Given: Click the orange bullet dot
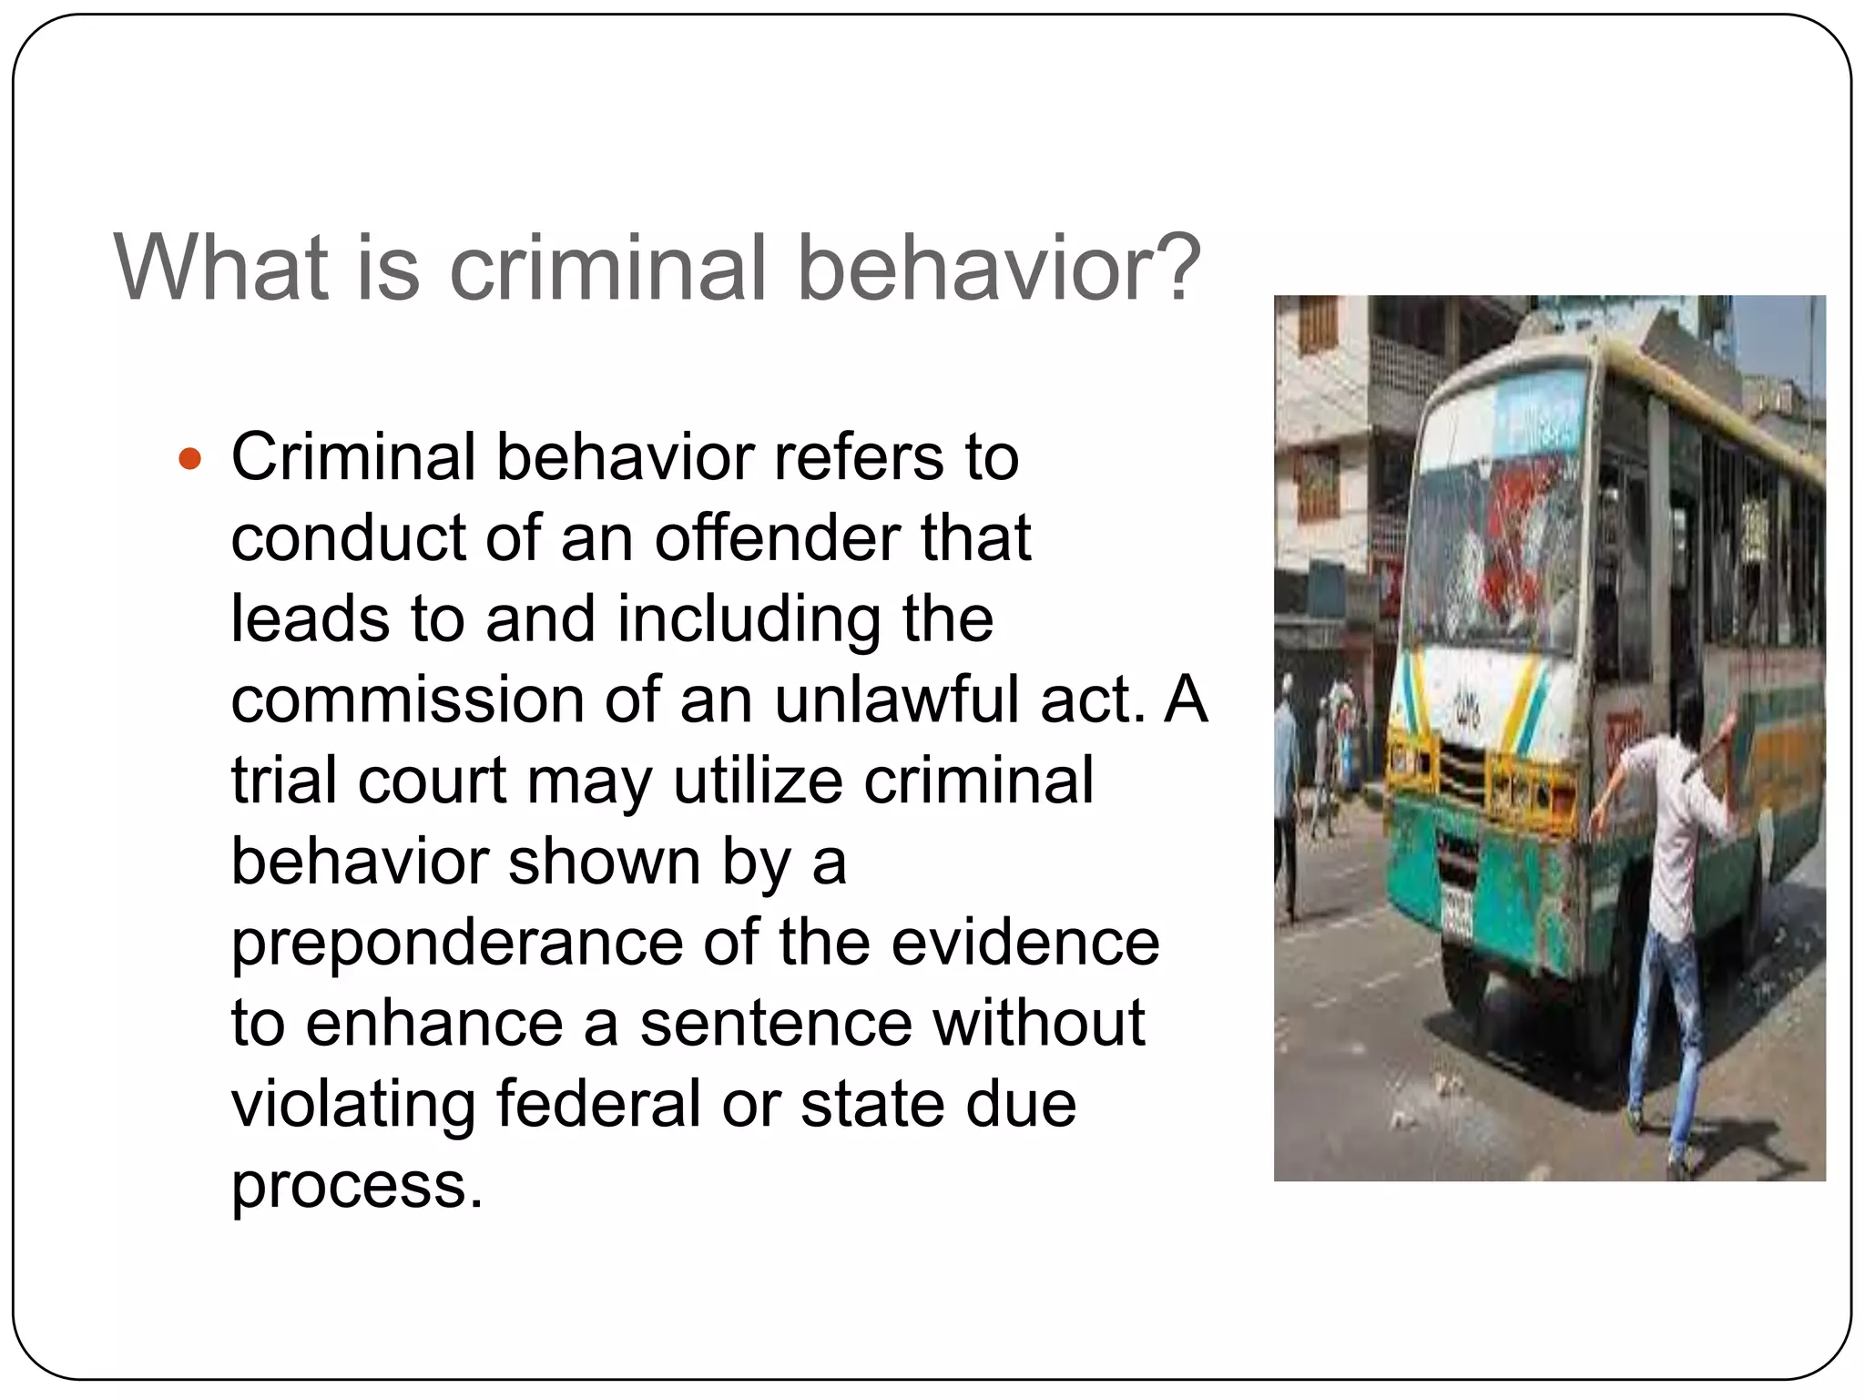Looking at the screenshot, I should click(x=189, y=458).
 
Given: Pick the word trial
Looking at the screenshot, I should click(x=285, y=781).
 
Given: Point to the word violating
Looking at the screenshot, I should click(x=353, y=1104).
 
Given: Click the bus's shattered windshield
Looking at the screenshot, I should click(x=1493, y=556).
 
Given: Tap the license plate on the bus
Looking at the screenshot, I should click(x=1457, y=910).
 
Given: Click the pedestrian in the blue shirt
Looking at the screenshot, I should click(x=1286, y=756).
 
